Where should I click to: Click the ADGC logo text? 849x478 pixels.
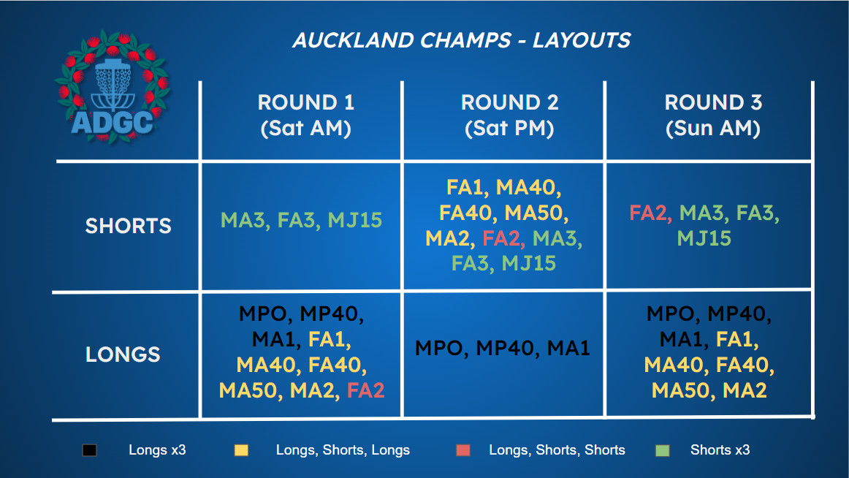[x=112, y=122]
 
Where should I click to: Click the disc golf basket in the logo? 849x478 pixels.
[x=113, y=85]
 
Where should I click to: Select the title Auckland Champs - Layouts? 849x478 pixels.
[x=461, y=40]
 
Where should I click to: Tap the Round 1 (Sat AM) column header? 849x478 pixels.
[x=306, y=115]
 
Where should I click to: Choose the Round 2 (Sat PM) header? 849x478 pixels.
[x=509, y=115]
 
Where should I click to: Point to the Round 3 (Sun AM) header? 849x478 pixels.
[x=713, y=115]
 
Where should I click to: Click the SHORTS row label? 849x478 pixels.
[x=129, y=226]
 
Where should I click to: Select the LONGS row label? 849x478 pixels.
[x=123, y=354]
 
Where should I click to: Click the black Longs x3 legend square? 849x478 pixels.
[x=89, y=450]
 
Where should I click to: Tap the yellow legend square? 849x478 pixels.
[x=241, y=450]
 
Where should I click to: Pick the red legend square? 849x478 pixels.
[x=463, y=450]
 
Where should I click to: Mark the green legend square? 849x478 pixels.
[x=662, y=450]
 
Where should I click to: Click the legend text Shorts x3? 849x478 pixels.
[x=720, y=449]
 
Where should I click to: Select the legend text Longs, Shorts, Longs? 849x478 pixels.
[x=343, y=449]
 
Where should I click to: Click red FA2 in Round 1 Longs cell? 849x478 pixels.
[x=365, y=390]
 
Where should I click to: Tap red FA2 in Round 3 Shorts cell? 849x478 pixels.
[x=649, y=213]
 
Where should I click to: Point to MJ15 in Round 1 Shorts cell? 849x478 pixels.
[x=354, y=220]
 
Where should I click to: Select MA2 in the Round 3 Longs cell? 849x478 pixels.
[x=745, y=390]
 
